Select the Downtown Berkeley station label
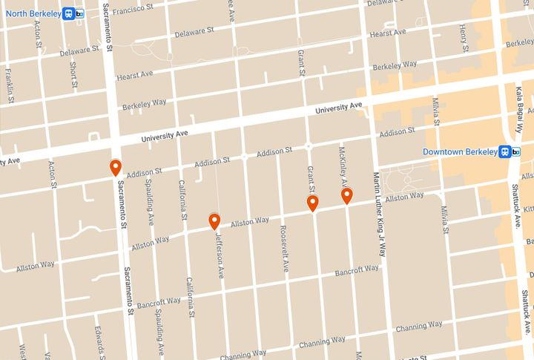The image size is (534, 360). [x=460, y=151]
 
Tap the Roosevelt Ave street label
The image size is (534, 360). [x=283, y=249]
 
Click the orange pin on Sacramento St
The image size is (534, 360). [x=115, y=168]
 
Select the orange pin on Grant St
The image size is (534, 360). [x=313, y=204]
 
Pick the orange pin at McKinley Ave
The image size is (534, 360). [x=346, y=195]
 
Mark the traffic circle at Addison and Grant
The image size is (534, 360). [x=308, y=146]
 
